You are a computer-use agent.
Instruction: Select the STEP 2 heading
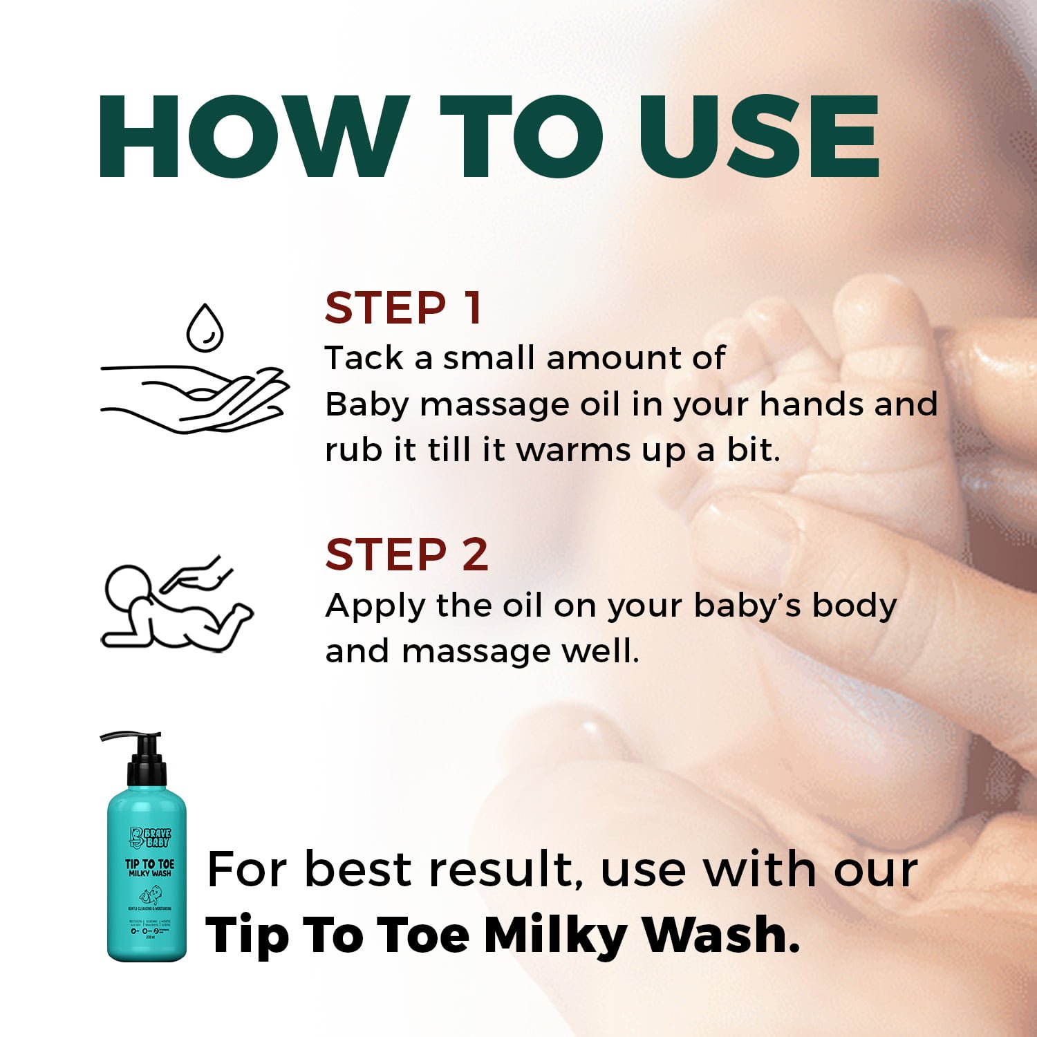[x=407, y=554]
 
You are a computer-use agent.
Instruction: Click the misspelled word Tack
[x=364, y=358]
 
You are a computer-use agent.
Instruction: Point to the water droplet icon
[x=205, y=328]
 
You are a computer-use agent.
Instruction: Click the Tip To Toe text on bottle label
[x=149, y=864]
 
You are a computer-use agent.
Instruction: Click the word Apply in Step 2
[x=374, y=606]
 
